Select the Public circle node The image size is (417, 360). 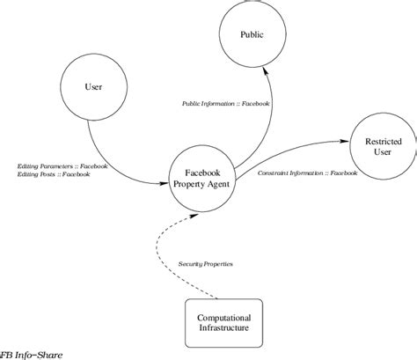point(252,35)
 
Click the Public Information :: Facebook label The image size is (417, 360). point(226,103)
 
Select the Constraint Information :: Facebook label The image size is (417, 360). point(308,173)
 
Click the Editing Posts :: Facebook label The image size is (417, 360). point(54,174)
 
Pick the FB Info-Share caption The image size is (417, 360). point(30,355)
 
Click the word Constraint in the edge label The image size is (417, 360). point(274,173)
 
